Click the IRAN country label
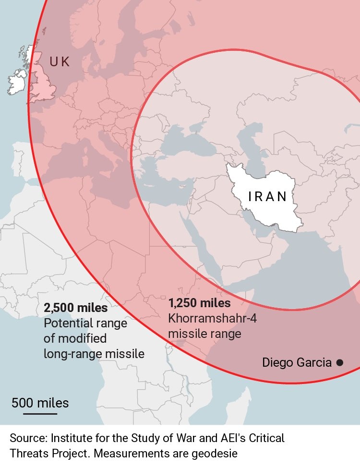pos(267,196)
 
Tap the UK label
pos(60,61)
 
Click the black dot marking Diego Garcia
pos(339,362)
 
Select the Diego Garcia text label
pos(297,362)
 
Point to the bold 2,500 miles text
pos(75,308)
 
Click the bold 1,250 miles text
pos(199,303)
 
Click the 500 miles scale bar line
pos(40,413)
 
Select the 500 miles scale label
pos(40,403)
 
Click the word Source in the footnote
pos(27,438)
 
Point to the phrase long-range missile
pos(94,354)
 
